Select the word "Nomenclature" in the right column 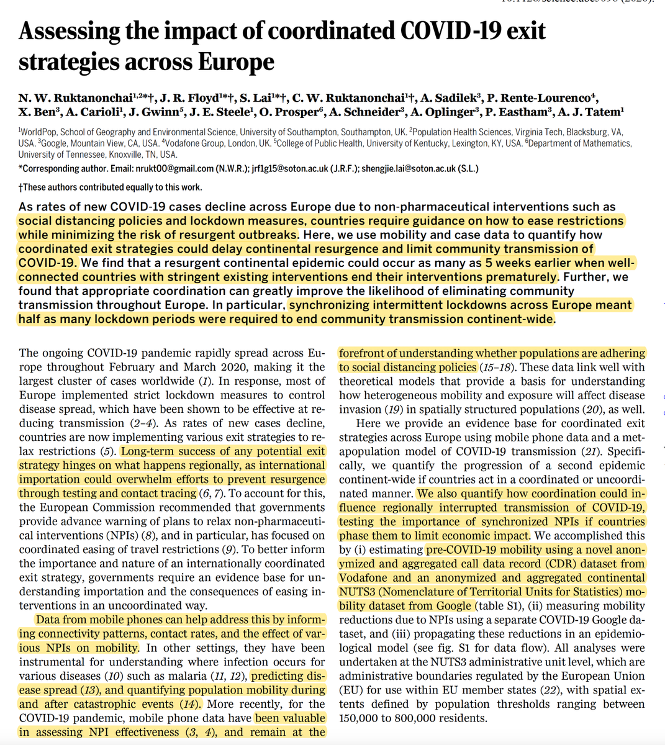(x=425, y=592)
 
